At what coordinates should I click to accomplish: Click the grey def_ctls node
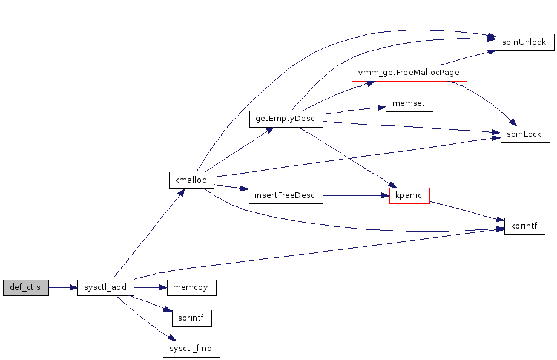pos(25,287)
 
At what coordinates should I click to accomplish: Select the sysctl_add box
pos(105,287)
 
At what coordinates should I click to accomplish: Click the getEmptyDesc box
pos(285,119)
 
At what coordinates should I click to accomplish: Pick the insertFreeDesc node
pos(286,195)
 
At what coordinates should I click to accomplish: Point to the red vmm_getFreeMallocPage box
pos(409,73)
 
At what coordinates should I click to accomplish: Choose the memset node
pos(409,103)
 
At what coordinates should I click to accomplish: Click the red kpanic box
pos(409,195)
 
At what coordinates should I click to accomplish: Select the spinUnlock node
pos(525,42)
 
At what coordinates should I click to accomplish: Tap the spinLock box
pos(525,134)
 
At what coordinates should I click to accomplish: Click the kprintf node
pos(524,226)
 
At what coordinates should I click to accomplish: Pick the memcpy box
pos(191,287)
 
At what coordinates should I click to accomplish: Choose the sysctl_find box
pos(191,349)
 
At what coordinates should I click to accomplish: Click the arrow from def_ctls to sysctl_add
pos(63,287)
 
